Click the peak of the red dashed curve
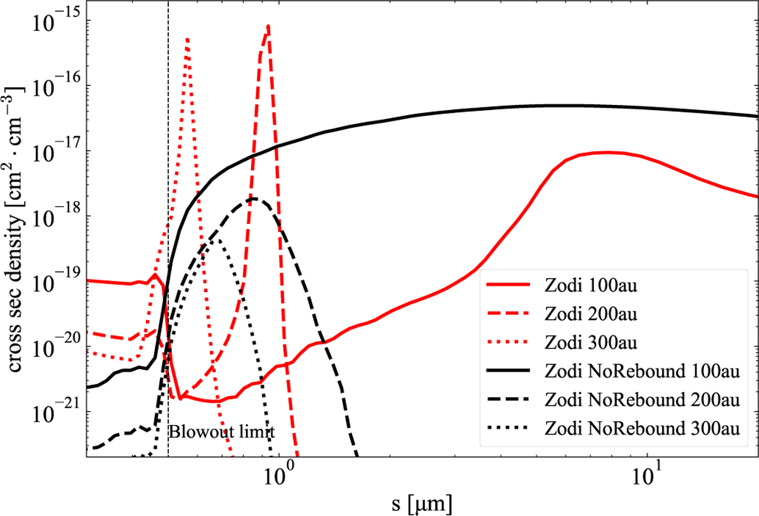click(x=269, y=26)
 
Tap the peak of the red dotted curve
click(x=187, y=39)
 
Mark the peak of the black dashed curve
click(x=252, y=199)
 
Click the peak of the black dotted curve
click(x=218, y=240)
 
